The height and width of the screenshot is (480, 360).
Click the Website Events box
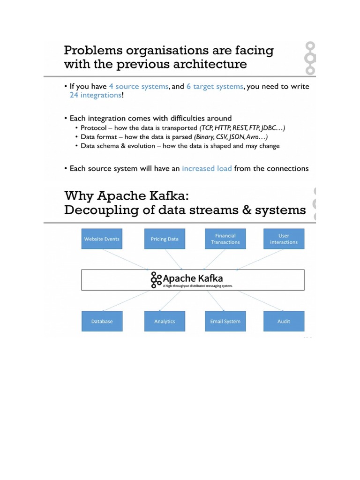[102, 239]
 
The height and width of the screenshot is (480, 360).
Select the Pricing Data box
[165, 239]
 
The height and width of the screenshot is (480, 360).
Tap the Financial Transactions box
[225, 239]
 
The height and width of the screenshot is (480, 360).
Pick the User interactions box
[284, 239]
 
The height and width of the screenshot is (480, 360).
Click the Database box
[102, 321]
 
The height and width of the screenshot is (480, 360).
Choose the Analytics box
[165, 321]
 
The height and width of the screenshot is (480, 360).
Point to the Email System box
[225, 321]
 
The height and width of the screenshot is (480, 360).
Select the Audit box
[284, 321]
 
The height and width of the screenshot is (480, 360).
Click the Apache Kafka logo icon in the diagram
[156, 280]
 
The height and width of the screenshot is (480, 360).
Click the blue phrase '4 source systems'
[138, 87]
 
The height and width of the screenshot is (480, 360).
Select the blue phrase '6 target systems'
[214, 87]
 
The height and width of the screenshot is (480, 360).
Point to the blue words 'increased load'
[207, 168]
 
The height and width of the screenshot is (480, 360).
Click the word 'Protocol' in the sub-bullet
[95, 128]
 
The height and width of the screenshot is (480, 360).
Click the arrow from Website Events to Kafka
[126, 259]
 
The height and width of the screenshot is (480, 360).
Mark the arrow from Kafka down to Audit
[260, 300]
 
